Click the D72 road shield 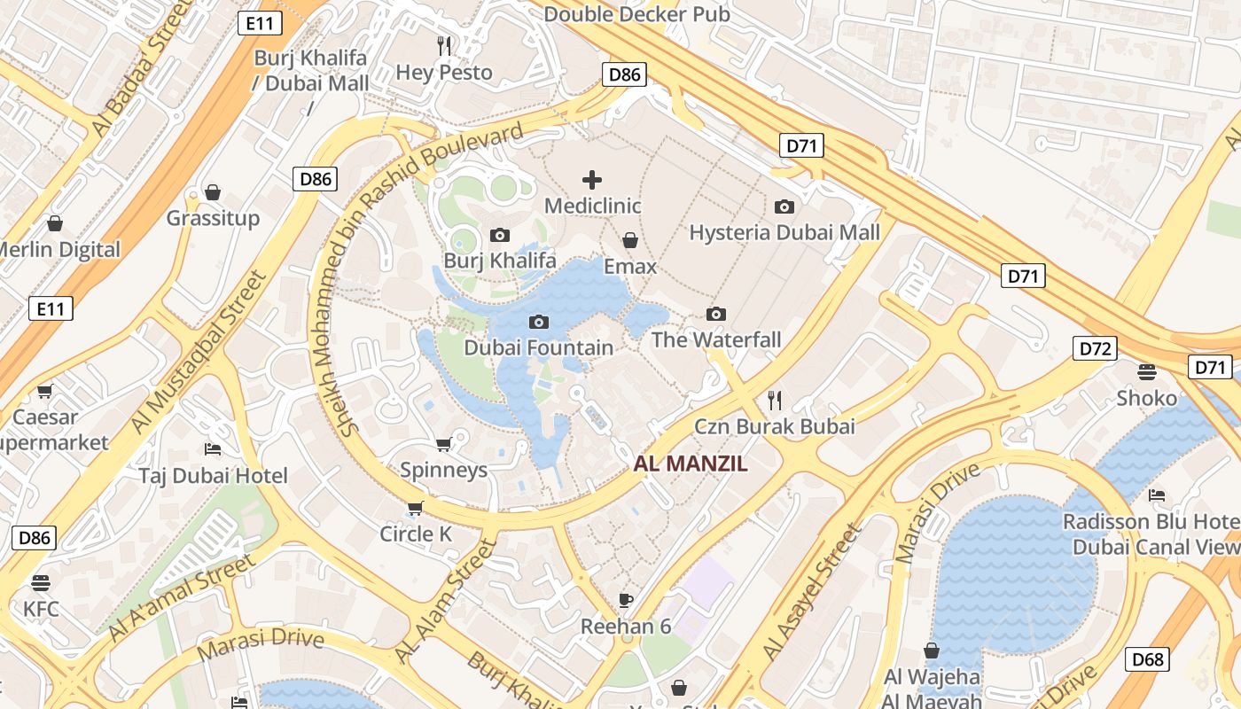click(1095, 348)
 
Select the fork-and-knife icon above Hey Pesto click(444, 45)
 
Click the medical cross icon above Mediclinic click(592, 180)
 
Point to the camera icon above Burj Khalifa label click(500, 235)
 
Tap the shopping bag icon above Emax click(630, 240)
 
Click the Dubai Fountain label click(539, 347)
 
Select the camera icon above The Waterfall click(716, 314)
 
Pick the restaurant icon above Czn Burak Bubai click(775, 400)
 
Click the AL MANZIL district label click(691, 463)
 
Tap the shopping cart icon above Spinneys click(444, 443)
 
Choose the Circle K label click(416, 534)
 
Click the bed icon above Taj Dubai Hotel click(213, 449)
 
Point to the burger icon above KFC click(41, 582)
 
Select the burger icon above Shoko click(1147, 371)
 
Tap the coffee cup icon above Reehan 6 click(626, 600)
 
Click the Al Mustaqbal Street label click(199, 352)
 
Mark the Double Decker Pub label click(636, 14)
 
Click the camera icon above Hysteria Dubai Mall click(784, 206)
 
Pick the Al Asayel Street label click(812, 592)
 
